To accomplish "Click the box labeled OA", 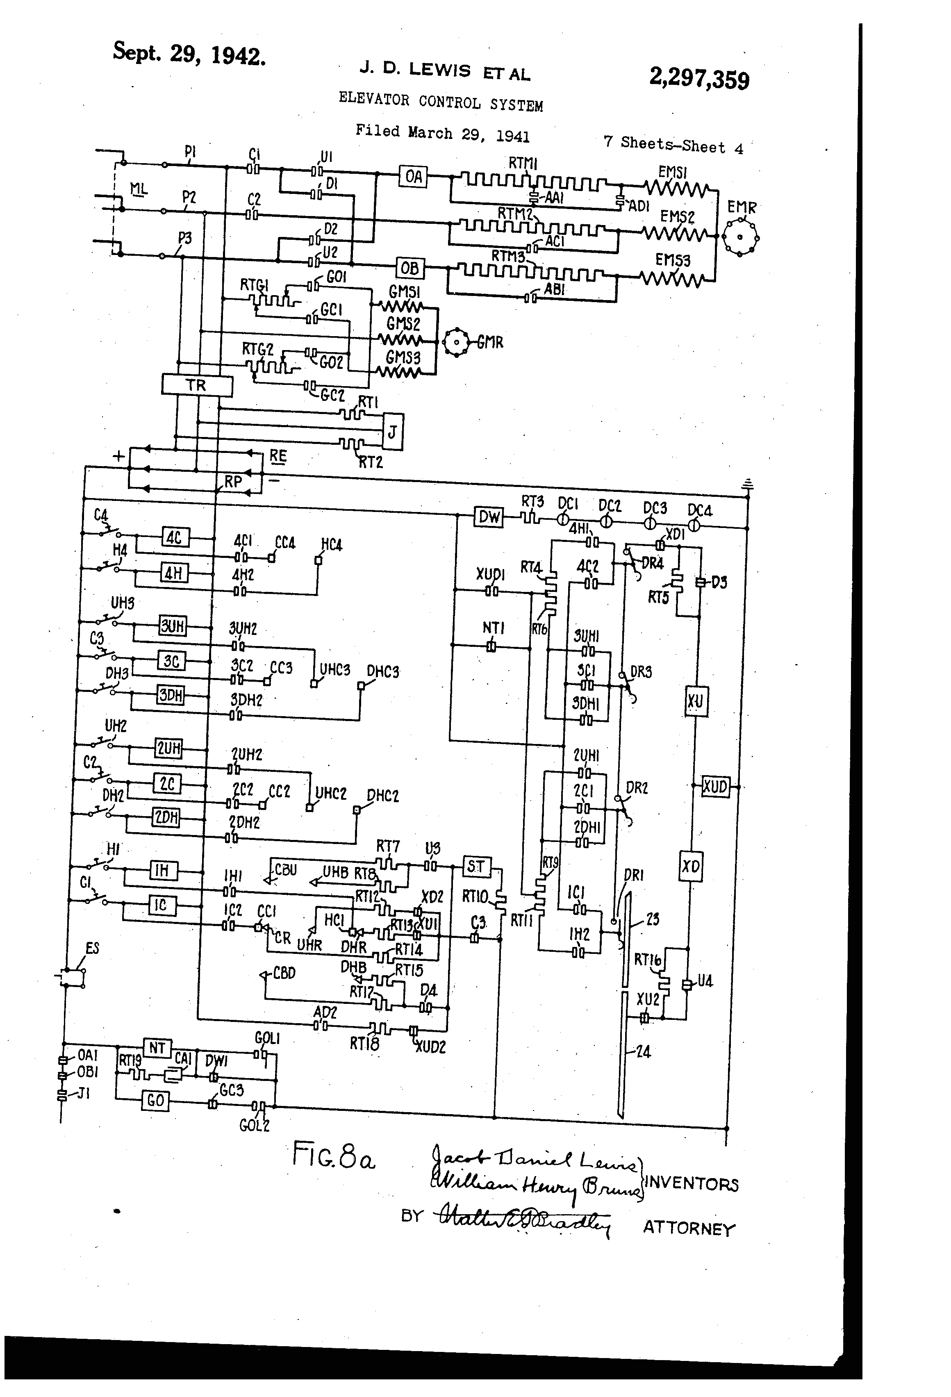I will point(414,176).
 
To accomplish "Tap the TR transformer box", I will point(197,385).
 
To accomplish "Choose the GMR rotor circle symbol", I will point(456,343).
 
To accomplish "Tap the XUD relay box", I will point(715,786).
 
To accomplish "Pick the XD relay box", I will point(691,866).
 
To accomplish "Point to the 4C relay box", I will point(175,537).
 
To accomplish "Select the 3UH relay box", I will point(173,626).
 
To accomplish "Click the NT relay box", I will point(157,1048).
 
